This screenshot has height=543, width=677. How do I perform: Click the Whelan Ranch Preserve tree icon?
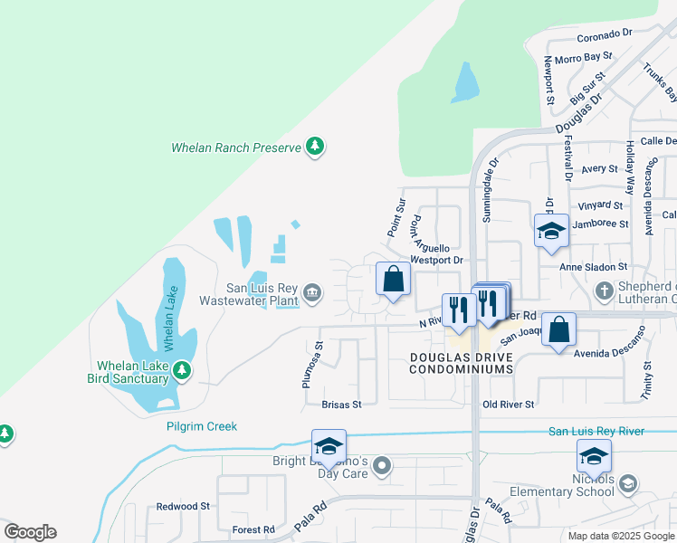click(x=315, y=147)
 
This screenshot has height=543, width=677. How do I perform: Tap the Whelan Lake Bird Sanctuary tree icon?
click(x=182, y=370)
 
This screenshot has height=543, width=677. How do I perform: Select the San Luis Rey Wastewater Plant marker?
click(x=312, y=291)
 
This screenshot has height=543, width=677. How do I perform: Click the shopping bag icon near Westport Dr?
click(x=393, y=281)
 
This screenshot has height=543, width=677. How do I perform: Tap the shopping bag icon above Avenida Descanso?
click(x=560, y=331)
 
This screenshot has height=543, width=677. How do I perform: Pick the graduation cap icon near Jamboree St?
click(x=550, y=232)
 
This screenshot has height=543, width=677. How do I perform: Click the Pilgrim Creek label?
click(x=201, y=426)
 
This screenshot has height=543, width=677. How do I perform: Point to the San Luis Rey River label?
click(x=596, y=431)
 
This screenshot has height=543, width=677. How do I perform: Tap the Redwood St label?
click(x=183, y=507)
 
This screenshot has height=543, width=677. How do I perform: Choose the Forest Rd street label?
click(x=253, y=529)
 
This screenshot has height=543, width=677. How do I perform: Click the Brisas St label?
click(x=341, y=405)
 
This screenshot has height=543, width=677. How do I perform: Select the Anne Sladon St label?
click(x=593, y=267)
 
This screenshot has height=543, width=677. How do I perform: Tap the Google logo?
click(x=30, y=532)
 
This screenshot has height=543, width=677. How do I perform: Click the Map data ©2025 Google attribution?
click(x=621, y=536)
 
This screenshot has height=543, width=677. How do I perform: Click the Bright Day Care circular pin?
click(x=382, y=467)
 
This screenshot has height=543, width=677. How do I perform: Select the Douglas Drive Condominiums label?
click(x=462, y=363)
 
